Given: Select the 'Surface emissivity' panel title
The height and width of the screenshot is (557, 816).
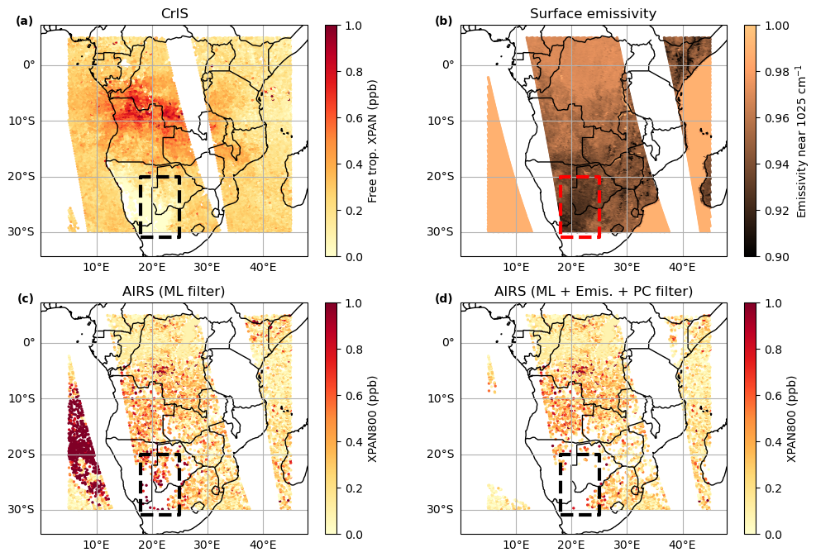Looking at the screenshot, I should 593,13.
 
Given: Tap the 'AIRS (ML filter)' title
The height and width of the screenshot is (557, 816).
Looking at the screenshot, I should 174,291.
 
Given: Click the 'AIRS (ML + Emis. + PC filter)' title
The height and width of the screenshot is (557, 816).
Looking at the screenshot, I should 593,291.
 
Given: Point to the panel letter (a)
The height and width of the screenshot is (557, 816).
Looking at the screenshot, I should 25,21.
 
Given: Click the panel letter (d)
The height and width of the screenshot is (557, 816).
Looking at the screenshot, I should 444,298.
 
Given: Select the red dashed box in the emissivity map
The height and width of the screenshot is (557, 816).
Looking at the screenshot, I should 580,207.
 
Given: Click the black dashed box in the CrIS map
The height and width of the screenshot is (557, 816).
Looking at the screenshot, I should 160,207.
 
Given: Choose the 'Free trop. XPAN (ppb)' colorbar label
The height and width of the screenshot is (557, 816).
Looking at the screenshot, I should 374,141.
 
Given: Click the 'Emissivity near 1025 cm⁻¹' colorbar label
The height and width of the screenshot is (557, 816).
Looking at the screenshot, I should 800,141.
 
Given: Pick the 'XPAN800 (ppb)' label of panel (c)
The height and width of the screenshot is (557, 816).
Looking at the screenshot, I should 374,419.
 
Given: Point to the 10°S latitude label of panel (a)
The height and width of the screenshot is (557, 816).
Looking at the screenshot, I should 25,121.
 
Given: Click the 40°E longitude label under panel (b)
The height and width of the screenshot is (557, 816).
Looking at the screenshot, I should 683,267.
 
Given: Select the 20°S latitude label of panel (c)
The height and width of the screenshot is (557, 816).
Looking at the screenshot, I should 25,454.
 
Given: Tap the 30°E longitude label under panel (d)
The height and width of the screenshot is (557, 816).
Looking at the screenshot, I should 627,545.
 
